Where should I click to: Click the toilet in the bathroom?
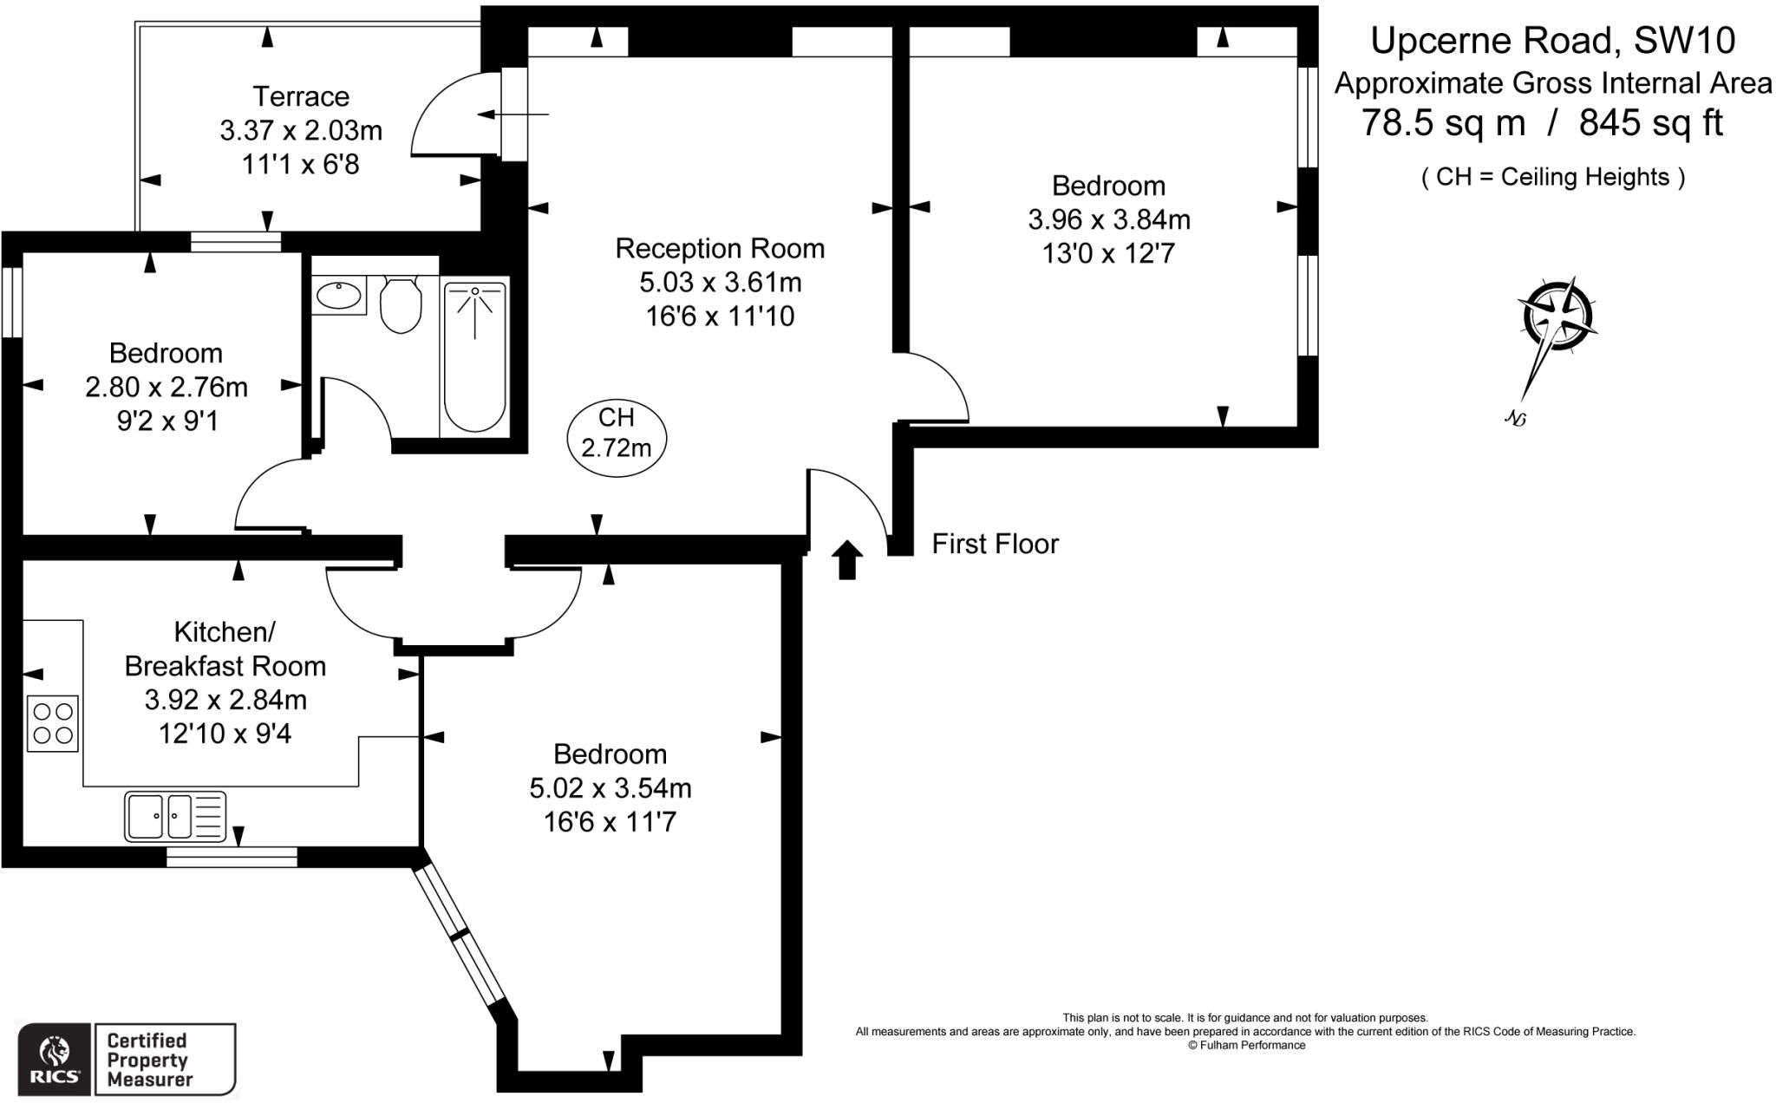pyautogui.click(x=401, y=305)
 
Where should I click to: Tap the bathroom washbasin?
pyautogui.click(x=339, y=296)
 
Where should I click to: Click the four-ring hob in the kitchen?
pyautogui.click(x=52, y=724)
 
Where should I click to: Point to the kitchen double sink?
pyautogui.click(x=175, y=816)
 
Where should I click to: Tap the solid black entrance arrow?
pyautogui.click(x=847, y=560)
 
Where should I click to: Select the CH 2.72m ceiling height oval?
pyautogui.click(x=616, y=434)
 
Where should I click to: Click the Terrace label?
pyautogui.click(x=300, y=96)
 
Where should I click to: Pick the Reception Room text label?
pyautogui.click(x=720, y=249)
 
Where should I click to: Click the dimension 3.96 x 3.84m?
pyautogui.click(x=1108, y=220)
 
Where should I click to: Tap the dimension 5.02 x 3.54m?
pyautogui.click(x=610, y=788)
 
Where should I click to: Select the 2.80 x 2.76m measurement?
pyautogui.click(x=166, y=387)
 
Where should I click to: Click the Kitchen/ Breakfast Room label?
pyautogui.click(x=225, y=649)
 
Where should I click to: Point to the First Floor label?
pyautogui.click(x=995, y=545)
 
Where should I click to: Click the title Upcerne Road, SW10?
pyautogui.click(x=1552, y=41)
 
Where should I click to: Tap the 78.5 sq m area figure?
pyautogui.click(x=1443, y=122)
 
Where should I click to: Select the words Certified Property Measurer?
pyautogui.click(x=148, y=1061)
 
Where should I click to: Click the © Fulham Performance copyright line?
pyautogui.click(x=1245, y=1046)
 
